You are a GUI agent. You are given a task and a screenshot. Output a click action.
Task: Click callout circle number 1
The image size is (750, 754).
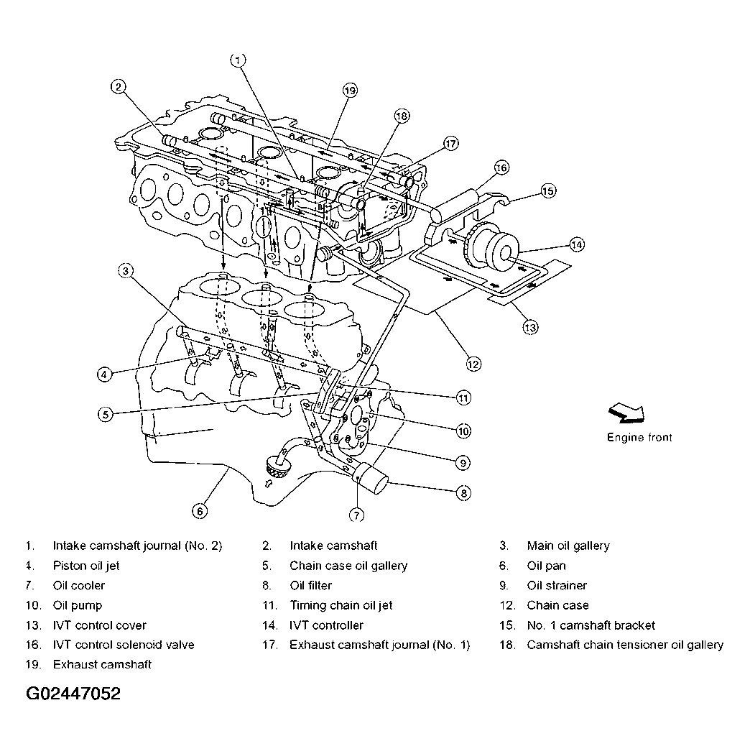point(239,60)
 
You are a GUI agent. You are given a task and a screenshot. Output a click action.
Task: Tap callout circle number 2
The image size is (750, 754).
point(119,88)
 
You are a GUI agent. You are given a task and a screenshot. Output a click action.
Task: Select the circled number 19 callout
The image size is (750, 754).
point(350,91)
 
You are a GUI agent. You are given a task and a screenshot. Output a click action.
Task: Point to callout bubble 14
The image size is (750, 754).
point(576,244)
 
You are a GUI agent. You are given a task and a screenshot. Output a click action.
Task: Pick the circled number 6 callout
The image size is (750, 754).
point(200,511)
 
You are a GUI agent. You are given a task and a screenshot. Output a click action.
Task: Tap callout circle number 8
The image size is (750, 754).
point(463,492)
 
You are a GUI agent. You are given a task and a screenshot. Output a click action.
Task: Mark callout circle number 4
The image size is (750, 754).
point(104,374)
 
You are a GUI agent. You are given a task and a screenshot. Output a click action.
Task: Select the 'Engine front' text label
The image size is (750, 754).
point(639,437)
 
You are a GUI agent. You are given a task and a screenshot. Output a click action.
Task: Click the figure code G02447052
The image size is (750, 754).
point(73,694)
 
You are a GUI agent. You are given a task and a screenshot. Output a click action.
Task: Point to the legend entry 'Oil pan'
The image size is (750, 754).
point(549,566)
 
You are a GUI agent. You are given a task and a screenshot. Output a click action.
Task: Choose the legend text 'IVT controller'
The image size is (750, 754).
point(326,625)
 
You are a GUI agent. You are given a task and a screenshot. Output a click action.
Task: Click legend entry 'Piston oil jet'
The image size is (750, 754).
point(86,566)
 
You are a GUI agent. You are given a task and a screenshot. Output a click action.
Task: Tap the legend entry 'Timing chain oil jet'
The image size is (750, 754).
point(341,605)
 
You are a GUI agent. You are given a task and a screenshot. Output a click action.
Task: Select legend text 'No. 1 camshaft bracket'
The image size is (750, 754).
point(591,625)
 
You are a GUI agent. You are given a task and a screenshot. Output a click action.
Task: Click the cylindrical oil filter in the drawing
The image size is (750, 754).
point(374,479)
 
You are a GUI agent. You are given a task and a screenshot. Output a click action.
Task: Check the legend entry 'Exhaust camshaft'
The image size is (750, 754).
point(102,664)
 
